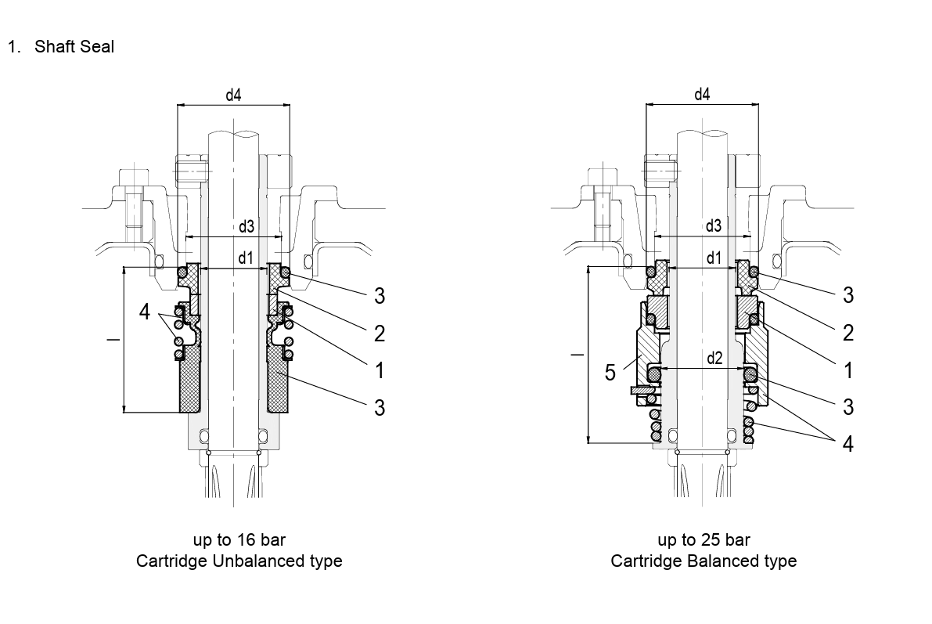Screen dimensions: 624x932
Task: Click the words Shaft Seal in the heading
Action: pyautogui.click(x=74, y=47)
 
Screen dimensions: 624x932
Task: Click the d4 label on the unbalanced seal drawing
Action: pyautogui.click(x=233, y=96)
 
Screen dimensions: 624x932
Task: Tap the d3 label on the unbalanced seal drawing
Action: pyautogui.click(x=246, y=227)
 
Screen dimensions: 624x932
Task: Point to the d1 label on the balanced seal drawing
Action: pyautogui.click(x=714, y=258)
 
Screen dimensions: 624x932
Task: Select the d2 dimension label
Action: pyautogui.click(x=714, y=358)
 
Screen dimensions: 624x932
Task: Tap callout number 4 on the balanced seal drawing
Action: pyautogui.click(x=847, y=444)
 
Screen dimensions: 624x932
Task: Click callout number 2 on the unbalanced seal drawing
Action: pyautogui.click(x=380, y=334)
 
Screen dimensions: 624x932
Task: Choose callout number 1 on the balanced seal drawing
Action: pyautogui.click(x=847, y=370)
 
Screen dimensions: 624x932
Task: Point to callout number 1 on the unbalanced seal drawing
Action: pyautogui.click(x=380, y=370)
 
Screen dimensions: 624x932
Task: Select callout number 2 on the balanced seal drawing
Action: pyautogui.click(x=847, y=334)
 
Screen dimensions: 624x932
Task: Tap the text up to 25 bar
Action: pyautogui.click(x=703, y=540)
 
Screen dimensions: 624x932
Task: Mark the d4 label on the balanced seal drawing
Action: pyautogui.click(x=702, y=96)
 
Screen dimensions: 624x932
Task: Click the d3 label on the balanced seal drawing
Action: pyautogui.click(x=714, y=227)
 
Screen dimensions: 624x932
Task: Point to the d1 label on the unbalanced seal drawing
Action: pyautogui.click(x=246, y=258)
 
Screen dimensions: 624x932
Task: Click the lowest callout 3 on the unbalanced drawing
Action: pyautogui.click(x=380, y=407)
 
